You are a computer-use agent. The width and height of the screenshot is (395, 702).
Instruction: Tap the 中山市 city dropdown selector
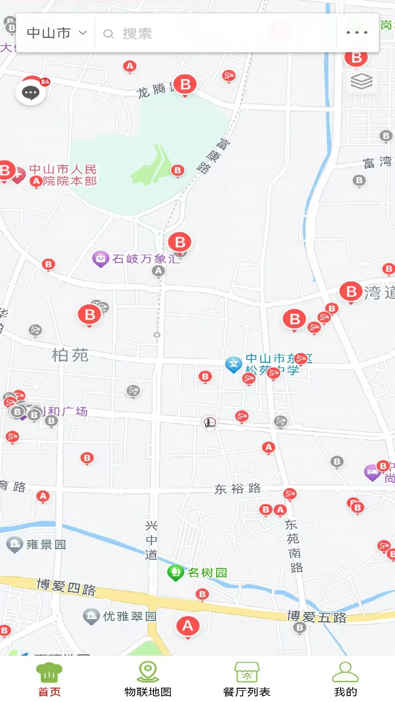click(57, 33)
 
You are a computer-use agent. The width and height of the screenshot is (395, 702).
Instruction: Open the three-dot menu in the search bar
click(357, 33)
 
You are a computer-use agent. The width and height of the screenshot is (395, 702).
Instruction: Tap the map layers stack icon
click(361, 81)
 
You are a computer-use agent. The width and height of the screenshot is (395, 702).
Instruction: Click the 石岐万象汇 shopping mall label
click(146, 259)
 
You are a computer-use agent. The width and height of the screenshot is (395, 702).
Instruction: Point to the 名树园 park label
click(207, 572)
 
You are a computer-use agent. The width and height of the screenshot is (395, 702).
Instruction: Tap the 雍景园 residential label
click(46, 544)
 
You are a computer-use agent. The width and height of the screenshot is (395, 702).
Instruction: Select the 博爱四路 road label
click(66, 586)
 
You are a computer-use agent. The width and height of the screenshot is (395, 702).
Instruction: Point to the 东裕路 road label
click(237, 488)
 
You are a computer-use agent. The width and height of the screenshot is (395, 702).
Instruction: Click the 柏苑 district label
click(70, 355)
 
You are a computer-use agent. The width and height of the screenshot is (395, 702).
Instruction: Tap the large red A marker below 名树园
click(188, 626)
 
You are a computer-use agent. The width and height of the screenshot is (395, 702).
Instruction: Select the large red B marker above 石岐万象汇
click(180, 242)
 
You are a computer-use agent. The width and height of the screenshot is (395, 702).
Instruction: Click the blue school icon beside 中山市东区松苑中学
click(233, 364)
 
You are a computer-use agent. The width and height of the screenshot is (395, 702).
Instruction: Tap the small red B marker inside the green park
click(178, 170)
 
